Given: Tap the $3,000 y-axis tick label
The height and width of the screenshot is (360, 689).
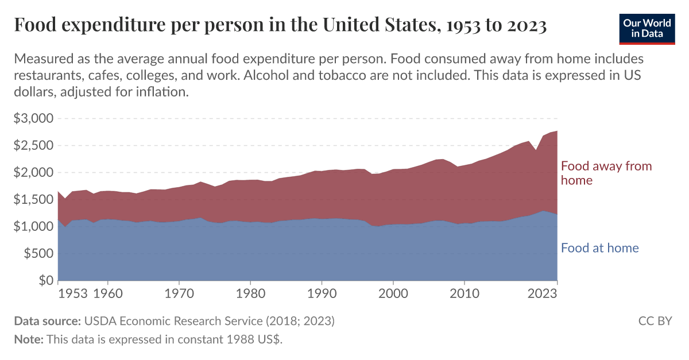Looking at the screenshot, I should coord(33,119).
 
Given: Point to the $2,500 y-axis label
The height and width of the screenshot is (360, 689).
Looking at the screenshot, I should coord(33,146).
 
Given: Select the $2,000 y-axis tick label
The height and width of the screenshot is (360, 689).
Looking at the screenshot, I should coord(33,173).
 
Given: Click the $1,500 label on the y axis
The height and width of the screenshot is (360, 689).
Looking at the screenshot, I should coord(33,200).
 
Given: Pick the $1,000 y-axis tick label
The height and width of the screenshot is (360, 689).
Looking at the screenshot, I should coord(33,227).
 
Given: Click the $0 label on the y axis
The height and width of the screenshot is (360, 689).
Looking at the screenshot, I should coord(46,281).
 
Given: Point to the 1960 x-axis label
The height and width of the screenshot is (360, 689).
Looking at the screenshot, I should coord(108,294).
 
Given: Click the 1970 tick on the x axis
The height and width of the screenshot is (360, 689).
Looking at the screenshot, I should coord(179,294).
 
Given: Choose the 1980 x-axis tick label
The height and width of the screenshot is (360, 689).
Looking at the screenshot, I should coord(250,294).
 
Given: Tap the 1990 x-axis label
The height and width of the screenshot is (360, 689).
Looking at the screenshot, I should coord(322,294).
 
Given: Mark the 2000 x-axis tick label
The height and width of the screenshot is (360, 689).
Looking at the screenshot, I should coord(393,294).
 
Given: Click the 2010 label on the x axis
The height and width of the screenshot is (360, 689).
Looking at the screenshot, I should coord(464,294).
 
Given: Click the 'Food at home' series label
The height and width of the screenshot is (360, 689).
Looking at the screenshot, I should coord(599,248).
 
